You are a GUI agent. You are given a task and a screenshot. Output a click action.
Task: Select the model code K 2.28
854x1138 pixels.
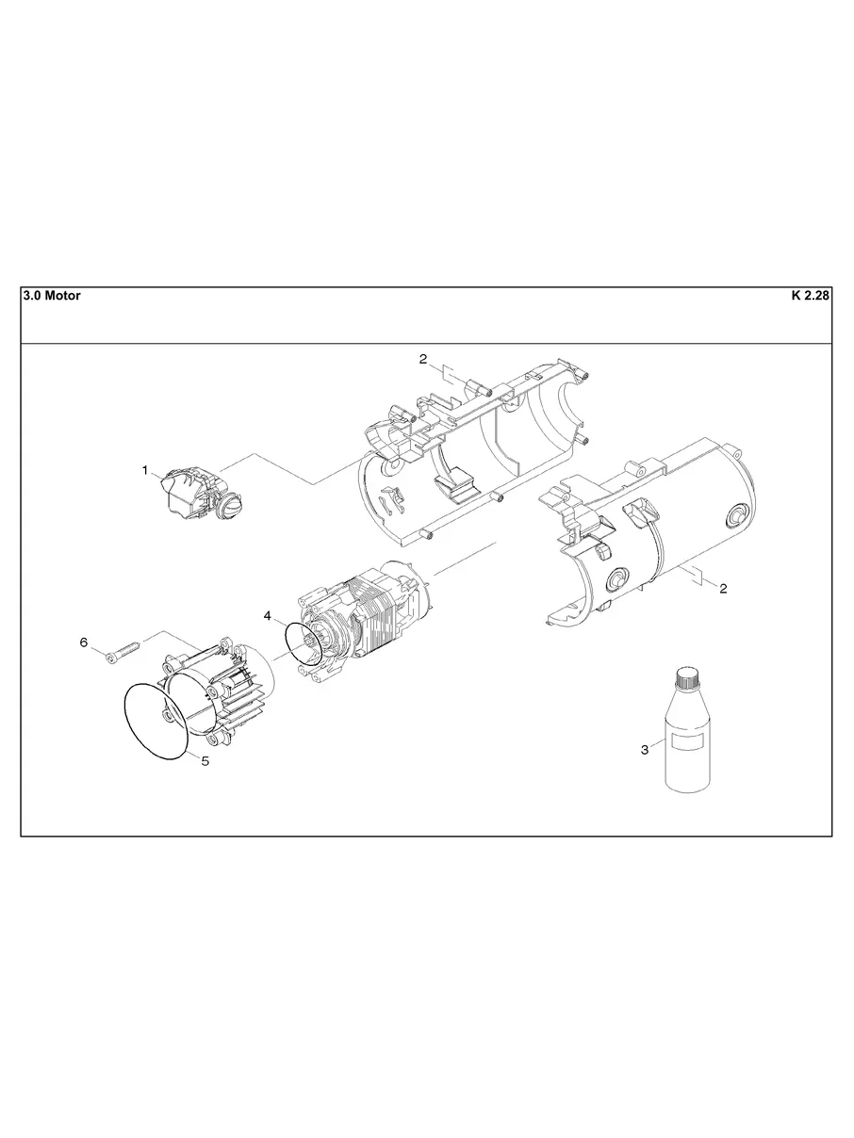pyautogui.click(x=809, y=296)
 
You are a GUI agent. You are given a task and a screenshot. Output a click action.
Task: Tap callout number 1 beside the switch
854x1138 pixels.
pyautogui.click(x=145, y=469)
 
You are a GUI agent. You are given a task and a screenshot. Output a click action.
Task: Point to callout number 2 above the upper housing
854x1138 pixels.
pyautogui.click(x=423, y=358)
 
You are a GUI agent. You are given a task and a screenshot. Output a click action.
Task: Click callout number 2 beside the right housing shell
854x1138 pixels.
pyautogui.click(x=723, y=589)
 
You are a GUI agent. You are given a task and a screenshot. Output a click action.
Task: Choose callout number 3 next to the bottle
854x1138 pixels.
pyautogui.click(x=645, y=750)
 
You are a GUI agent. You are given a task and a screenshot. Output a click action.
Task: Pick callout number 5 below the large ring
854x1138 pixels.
pyautogui.click(x=205, y=761)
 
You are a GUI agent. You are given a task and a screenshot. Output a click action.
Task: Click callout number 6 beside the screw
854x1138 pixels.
pyautogui.click(x=84, y=642)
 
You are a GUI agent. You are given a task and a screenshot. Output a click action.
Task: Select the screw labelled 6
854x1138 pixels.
pyautogui.click(x=122, y=651)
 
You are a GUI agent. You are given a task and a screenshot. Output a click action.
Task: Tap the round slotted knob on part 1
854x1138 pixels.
pyautogui.click(x=230, y=509)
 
